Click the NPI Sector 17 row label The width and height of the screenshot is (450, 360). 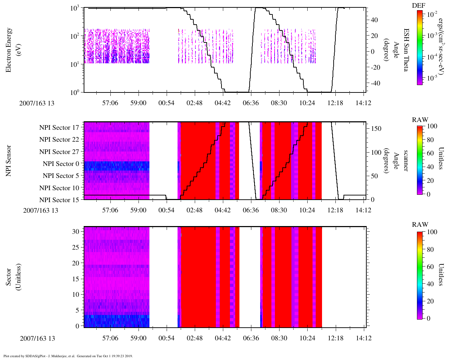[x=59, y=128]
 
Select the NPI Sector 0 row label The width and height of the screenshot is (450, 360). [x=61, y=164]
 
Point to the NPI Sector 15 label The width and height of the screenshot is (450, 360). [x=59, y=200]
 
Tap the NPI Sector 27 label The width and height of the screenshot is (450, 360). [x=59, y=152]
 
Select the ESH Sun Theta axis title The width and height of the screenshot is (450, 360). [x=405, y=50]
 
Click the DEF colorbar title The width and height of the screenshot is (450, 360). [x=418, y=5]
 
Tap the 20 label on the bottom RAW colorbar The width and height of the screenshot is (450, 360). [x=430, y=301]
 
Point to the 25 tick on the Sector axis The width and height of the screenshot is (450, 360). [x=76, y=247]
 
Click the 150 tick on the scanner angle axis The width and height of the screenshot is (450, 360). [x=376, y=129]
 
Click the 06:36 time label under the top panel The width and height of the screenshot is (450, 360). [x=251, y=103]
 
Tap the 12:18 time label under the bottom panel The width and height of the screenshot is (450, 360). [x=335, y=338]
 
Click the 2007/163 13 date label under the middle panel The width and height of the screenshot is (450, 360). [x=40, y=211]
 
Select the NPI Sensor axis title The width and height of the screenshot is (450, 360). [x=8, y=161]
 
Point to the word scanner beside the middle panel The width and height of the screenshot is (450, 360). [x=405, y=161]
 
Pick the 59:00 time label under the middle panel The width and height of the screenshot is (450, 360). [x=138, y=210]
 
